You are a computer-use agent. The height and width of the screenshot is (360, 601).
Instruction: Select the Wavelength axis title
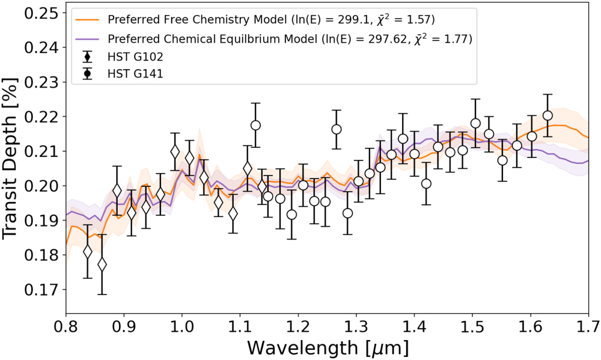(327, 348)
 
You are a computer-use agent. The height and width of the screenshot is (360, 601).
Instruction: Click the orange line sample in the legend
(88, 19)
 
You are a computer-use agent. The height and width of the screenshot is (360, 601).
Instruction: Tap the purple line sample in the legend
(88, 38)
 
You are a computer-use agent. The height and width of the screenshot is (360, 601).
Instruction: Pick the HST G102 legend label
(135, 57)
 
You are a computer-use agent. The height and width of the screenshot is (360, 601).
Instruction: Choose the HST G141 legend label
(135, 74)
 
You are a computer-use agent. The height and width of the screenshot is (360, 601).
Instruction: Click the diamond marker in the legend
(88, 57)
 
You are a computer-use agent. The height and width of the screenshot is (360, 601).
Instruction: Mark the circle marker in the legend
(88, 74)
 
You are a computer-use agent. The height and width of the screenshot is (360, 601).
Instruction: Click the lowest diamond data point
(102, 264)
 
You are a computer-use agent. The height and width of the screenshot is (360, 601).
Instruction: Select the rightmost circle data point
(548, 115)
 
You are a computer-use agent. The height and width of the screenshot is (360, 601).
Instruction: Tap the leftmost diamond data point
(88, 251)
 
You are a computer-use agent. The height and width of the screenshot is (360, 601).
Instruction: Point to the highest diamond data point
(175, 152)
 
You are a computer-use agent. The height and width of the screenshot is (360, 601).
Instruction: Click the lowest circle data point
(291, 215)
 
